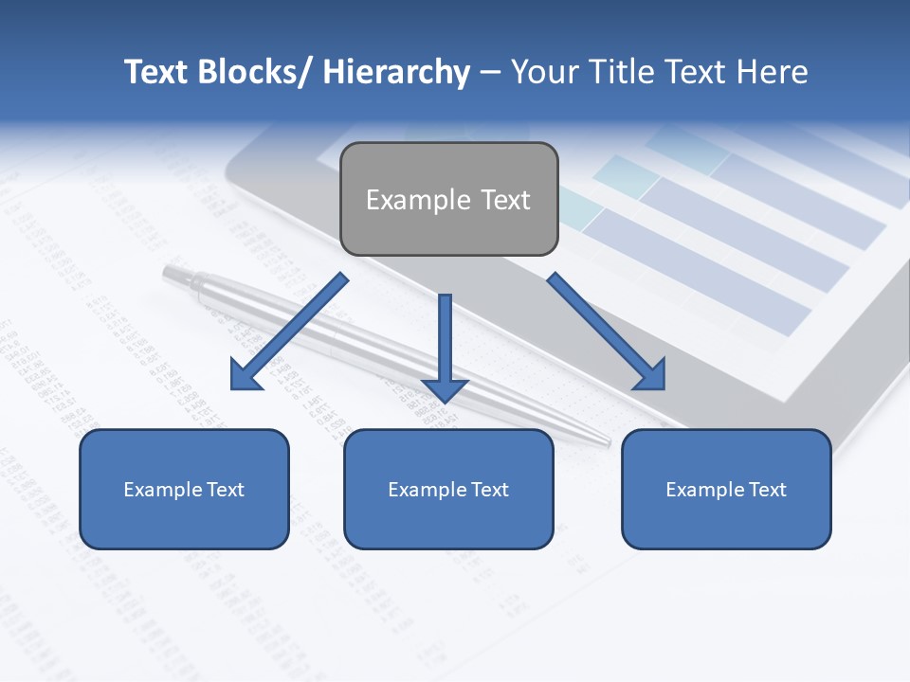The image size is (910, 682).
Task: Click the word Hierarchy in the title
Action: click(x=395, y=73)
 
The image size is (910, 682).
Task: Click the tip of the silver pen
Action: click(x=607, y=440)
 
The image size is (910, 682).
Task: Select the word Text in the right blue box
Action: click(x=766, y=490)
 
